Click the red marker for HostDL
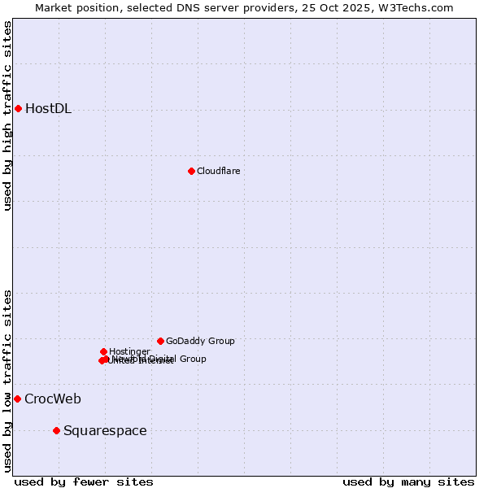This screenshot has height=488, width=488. (x=18, y=108)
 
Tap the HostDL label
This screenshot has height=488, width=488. (x=48, y=109)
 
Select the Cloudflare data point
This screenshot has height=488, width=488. (x=191, y=171)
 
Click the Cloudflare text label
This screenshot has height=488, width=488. (x=218, y=171)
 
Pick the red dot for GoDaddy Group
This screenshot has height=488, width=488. (x=160, y=341)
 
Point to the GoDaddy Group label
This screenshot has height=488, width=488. (x=200, y=342)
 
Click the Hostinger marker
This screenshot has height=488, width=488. (x=103, y=351)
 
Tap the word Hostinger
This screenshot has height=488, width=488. (x=129, y=351)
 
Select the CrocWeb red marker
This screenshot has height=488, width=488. (x=17, y=399)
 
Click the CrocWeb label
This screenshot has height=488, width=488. (x=52, y=399)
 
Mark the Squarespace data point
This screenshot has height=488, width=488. (x=56, y=430)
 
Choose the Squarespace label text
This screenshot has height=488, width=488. (x=105, y=430)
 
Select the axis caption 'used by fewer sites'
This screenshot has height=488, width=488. (x=84, y=481)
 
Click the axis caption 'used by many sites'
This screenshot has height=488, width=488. (x=408, y=481)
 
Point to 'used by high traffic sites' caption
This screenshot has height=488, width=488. (x=8, y=115)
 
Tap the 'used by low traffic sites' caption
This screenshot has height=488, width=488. (x=8, y=381)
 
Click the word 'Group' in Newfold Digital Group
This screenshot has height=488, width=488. (x=193, y=359)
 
